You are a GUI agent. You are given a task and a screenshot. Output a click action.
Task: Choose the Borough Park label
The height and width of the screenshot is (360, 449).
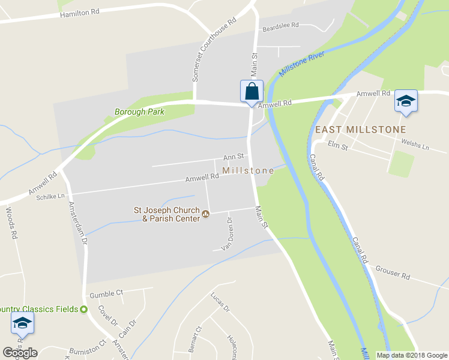point(139,112)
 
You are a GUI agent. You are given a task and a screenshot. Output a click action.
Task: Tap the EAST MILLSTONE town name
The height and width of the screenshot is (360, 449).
point(360,130)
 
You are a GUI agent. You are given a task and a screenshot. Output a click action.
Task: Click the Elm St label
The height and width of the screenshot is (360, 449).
point(338,146)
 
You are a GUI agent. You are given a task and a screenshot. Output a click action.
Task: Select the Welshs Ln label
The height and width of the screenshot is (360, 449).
point(417,146)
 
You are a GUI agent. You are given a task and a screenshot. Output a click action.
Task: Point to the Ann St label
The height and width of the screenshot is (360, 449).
point(233,157)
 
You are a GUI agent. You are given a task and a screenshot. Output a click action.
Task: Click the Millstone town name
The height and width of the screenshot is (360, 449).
point(248,171)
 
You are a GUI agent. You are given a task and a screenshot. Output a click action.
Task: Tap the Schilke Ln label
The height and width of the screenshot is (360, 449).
point(50,196)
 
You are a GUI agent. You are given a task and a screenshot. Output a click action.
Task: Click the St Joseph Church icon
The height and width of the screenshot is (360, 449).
point(206,214)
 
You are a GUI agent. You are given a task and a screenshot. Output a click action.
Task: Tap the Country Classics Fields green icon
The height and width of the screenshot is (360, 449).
point(83,309)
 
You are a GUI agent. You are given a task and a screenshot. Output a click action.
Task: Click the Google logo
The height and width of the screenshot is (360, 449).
point(20,352)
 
